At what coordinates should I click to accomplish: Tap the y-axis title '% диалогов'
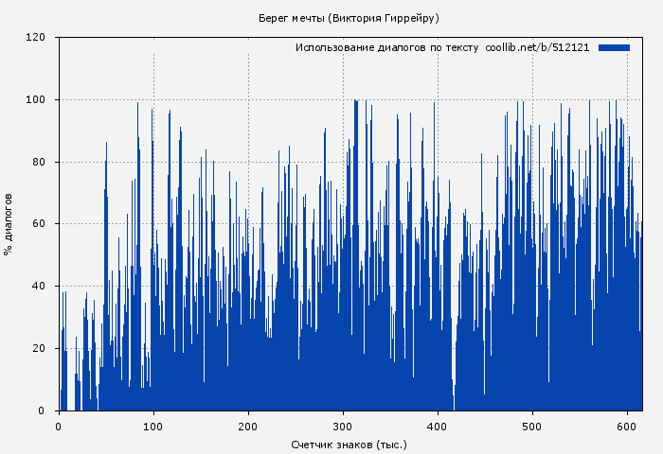point(9,223)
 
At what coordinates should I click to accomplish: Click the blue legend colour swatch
point(614,47)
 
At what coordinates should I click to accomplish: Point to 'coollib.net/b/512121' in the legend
point(537,47)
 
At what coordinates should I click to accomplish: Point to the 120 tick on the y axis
point(36,38)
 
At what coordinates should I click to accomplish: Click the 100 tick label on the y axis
point(36,100)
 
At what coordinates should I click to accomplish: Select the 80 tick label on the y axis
point(39,162)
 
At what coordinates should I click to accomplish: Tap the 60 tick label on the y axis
point(39,224)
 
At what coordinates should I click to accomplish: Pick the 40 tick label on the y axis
point(39,287)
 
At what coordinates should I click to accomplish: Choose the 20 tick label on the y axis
point(39,349)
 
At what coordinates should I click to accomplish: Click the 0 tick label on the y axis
point(42,410)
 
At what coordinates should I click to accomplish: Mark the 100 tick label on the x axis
point(153,427)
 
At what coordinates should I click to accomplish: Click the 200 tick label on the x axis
point(248,427)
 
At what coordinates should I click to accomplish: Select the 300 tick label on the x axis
point(343,427)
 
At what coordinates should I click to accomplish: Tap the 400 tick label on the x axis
point(438,427)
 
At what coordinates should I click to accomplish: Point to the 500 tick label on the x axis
point(532,427)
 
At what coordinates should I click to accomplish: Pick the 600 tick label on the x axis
point(627,427)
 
